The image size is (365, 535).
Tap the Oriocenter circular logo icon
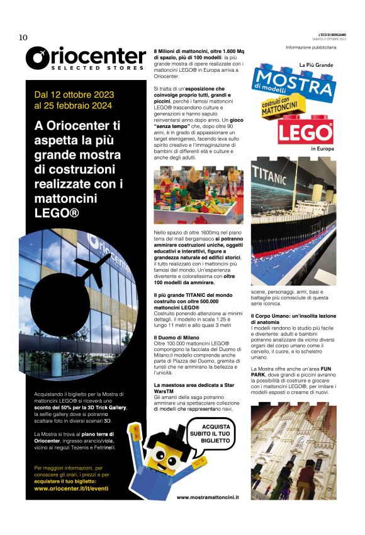click(39, 57)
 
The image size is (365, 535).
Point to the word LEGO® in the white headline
click(57, 213)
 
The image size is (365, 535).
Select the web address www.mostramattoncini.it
click(208, 498)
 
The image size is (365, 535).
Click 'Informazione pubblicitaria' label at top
click(311, 48)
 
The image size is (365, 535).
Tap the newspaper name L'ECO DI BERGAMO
click(332, 34)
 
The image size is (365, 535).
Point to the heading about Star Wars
click(189, 386)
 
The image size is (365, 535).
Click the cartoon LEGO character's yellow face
click(162, 452)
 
